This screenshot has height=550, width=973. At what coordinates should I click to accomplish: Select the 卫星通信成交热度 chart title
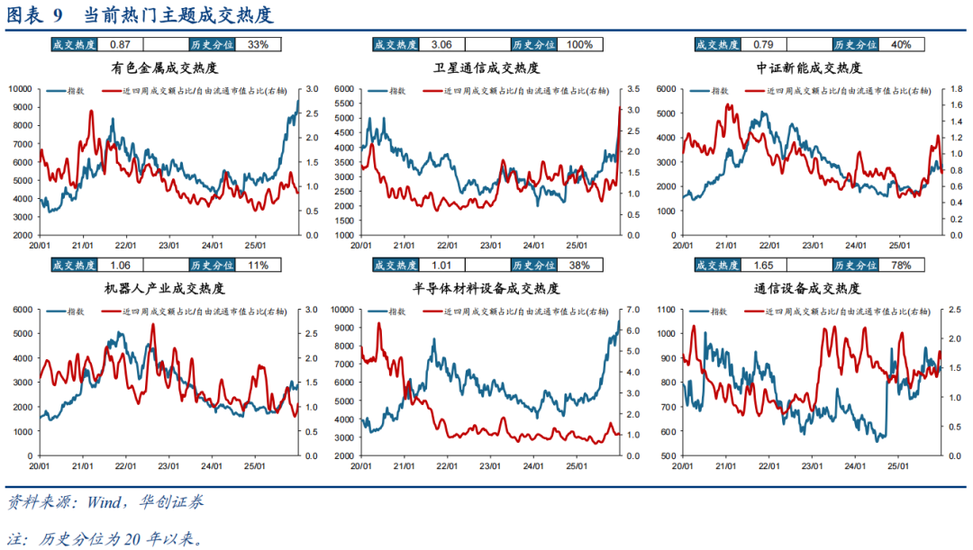[x=486, y=68]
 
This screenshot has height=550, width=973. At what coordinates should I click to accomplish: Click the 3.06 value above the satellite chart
[x=441, y=44]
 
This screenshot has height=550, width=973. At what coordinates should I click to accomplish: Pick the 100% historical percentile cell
[x=580, y=44]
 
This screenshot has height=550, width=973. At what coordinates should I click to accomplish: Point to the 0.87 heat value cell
[x=120, y=44]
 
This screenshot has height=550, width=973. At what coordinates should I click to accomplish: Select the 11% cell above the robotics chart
[x=258, y=265]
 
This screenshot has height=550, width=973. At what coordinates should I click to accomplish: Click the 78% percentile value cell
[x=901, y=265]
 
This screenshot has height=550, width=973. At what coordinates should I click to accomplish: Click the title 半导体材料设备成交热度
[x=486, y=289]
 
